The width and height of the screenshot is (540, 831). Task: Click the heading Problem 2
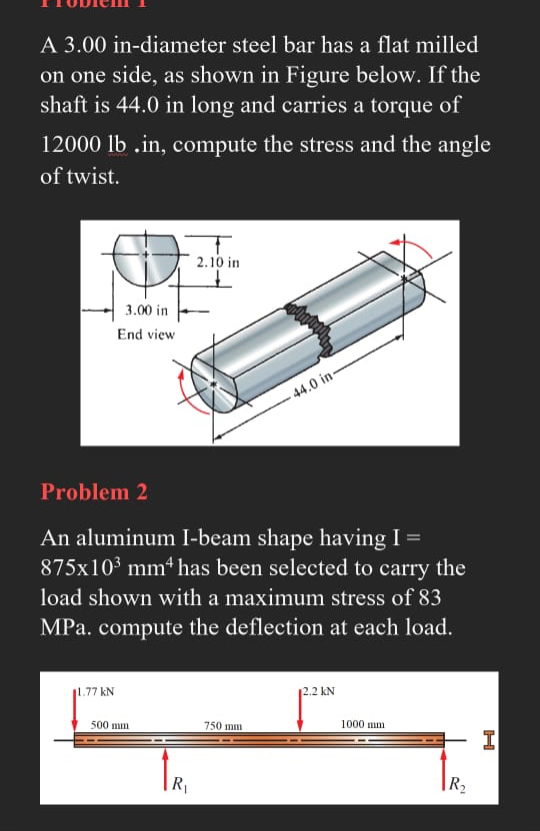tap(94, 491)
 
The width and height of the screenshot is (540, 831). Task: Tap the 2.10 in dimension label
tap(218, 263)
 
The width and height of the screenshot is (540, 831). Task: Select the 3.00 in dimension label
tap(147, 311)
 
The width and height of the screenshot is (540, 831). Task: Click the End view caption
tap(146, 335)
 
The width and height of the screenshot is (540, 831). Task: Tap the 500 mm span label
tap(107, 724)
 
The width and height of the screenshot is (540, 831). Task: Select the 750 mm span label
tap(223, 725)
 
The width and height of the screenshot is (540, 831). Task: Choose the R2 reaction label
tap(457, 782)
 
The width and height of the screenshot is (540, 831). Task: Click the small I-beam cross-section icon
tap(488, 740)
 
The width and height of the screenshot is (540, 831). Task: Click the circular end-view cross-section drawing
tap(146, 258)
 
